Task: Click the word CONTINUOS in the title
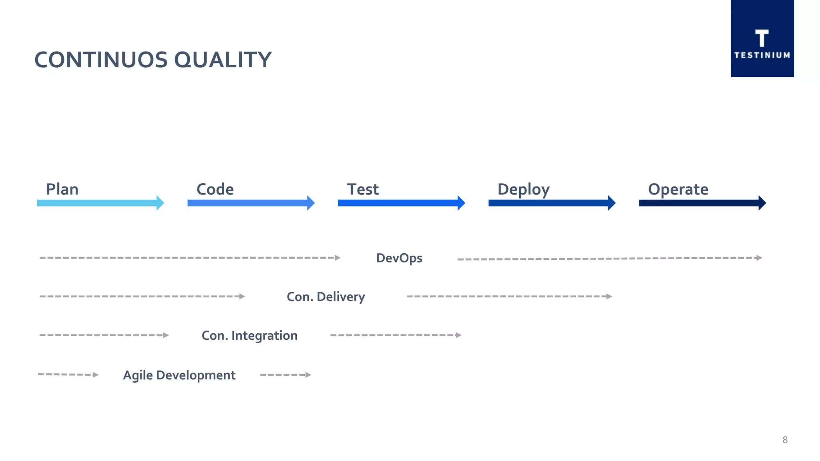101,60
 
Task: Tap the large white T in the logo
762,38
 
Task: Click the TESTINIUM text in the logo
762,55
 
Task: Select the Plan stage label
62,189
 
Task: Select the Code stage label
215,189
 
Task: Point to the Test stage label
362,189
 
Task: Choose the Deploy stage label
523,190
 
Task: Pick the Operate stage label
678,189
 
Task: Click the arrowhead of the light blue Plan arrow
160,203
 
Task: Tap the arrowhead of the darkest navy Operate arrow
762,203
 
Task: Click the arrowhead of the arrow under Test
461,203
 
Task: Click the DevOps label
399,258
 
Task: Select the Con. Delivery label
326,297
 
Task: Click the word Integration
264,335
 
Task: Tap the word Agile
138,375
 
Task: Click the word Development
195,375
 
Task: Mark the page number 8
785,440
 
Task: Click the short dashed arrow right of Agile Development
285,375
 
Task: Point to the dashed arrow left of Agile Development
68,375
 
